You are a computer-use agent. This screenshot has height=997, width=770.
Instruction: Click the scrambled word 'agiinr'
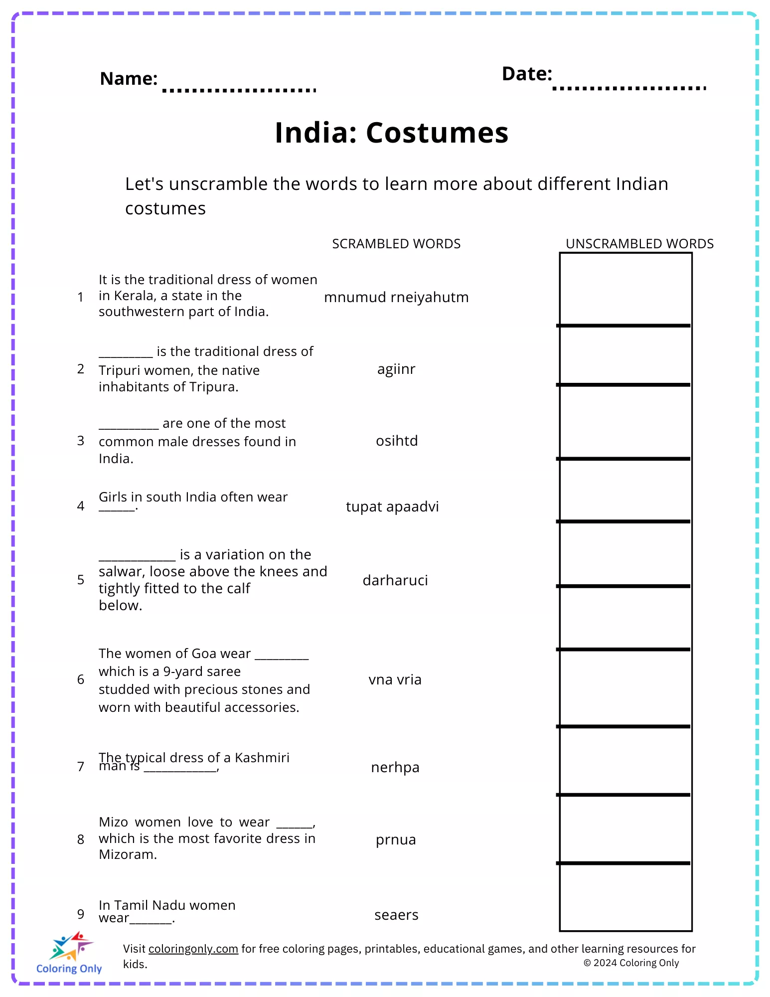point(396,369)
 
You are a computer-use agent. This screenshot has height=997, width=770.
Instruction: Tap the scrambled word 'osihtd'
point(397,441)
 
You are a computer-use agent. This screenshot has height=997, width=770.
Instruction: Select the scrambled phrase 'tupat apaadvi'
point(392,507)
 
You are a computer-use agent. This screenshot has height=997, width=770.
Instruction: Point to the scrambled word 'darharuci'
point(395,580)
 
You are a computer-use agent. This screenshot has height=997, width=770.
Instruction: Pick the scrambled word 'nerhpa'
point(395,767)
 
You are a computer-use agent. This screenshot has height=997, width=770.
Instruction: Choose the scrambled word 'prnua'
point(396,840)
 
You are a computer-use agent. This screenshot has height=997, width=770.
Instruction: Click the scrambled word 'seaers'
point(396,915)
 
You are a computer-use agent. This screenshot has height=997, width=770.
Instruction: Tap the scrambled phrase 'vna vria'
point(395,680)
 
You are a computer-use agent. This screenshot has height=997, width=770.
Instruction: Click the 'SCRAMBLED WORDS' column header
point(396,244)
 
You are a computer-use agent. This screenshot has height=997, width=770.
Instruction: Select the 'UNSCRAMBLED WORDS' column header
point(639,244)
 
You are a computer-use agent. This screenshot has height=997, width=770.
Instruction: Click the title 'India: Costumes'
point(392,133)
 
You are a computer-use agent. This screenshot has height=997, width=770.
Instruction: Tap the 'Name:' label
point(129,79)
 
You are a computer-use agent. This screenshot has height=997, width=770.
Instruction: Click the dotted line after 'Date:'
point(629,88)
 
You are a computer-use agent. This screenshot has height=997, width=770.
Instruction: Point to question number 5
point(81,580)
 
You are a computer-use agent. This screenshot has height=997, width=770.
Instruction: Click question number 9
point(81,914)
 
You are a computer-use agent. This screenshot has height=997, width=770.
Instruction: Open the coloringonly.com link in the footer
point(193,949)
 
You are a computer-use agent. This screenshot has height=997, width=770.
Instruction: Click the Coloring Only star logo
point(71,946)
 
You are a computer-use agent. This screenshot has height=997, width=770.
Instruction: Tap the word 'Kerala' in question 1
point(134,296)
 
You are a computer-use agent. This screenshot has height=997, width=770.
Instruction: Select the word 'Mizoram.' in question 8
point(128,854)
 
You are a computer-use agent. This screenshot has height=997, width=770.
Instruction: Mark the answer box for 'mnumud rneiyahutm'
point(625,290)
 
